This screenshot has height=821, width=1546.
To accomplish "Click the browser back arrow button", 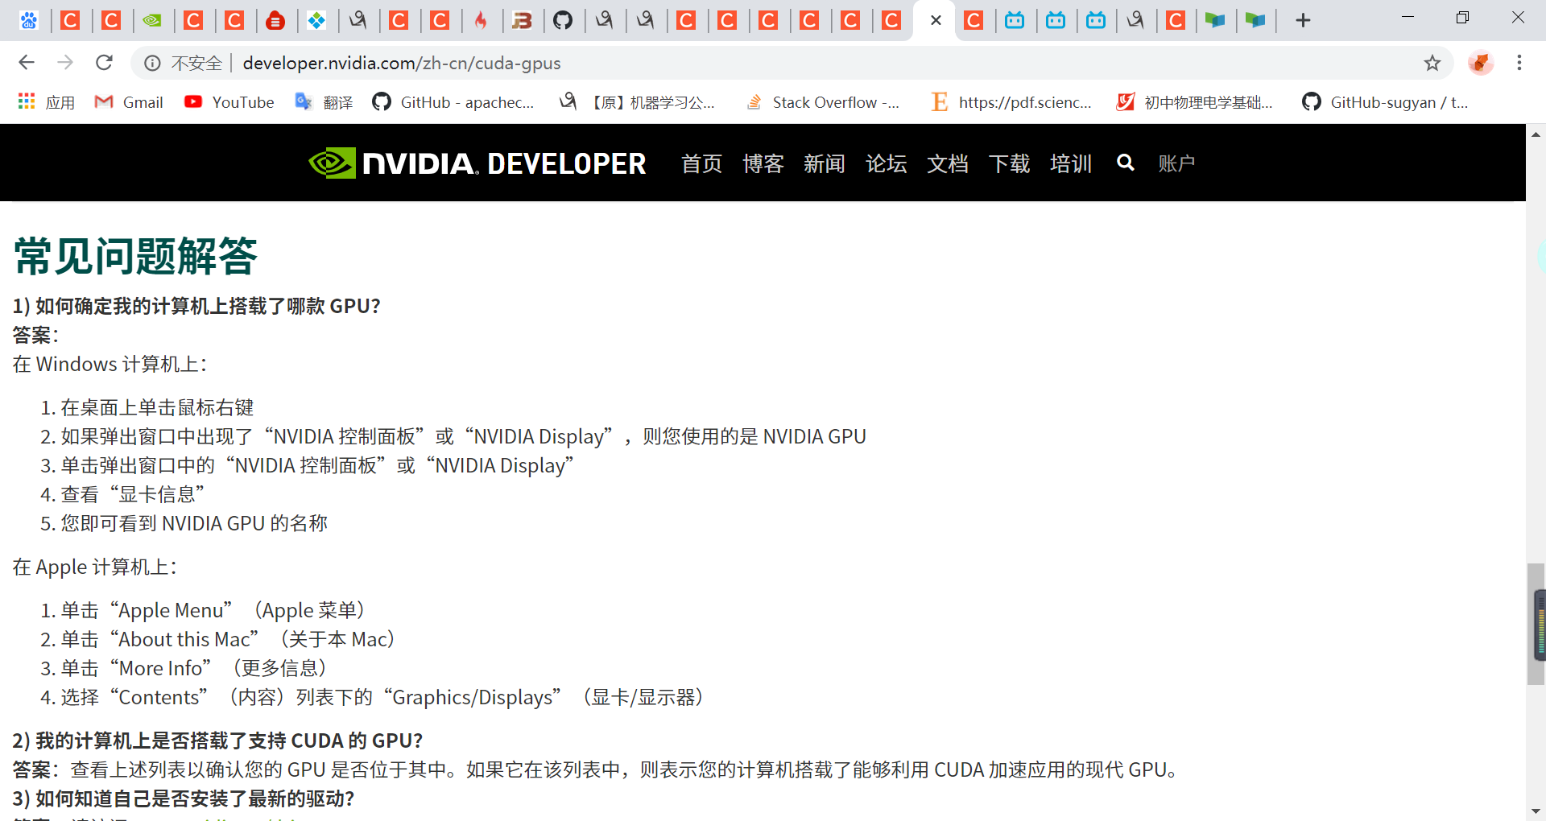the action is [27, 63].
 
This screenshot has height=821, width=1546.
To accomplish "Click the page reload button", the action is [104, 63].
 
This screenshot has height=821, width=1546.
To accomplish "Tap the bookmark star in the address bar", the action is [1432, 63].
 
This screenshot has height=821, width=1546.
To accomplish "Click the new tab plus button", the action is [1303, 20].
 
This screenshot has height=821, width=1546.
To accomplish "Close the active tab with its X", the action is [936, 20].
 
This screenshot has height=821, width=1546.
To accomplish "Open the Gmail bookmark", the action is [129, 102].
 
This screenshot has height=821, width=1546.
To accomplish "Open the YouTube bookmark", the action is [229, 102].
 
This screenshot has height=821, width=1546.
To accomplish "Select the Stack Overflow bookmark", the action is [823, 102].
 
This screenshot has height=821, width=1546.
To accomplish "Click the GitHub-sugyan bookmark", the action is [1385, 102].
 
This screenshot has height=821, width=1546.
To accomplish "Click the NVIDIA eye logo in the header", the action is [332, 163].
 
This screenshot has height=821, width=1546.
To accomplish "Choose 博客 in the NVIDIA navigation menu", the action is [763, 163].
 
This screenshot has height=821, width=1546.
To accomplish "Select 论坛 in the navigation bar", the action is [886, 163].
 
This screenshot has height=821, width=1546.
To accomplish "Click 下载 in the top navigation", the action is [1009, 163].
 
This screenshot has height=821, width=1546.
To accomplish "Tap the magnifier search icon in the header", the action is [1125, 163].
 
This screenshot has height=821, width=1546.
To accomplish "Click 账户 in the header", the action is [1176, 163].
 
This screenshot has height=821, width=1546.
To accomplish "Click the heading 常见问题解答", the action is [135, 256].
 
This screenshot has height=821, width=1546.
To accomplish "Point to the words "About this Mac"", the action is [184, 639].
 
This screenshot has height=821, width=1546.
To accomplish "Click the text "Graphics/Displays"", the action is [473, 697].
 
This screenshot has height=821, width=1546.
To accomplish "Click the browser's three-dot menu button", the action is [1519, 63].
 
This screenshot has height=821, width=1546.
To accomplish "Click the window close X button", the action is [1518, 18].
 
